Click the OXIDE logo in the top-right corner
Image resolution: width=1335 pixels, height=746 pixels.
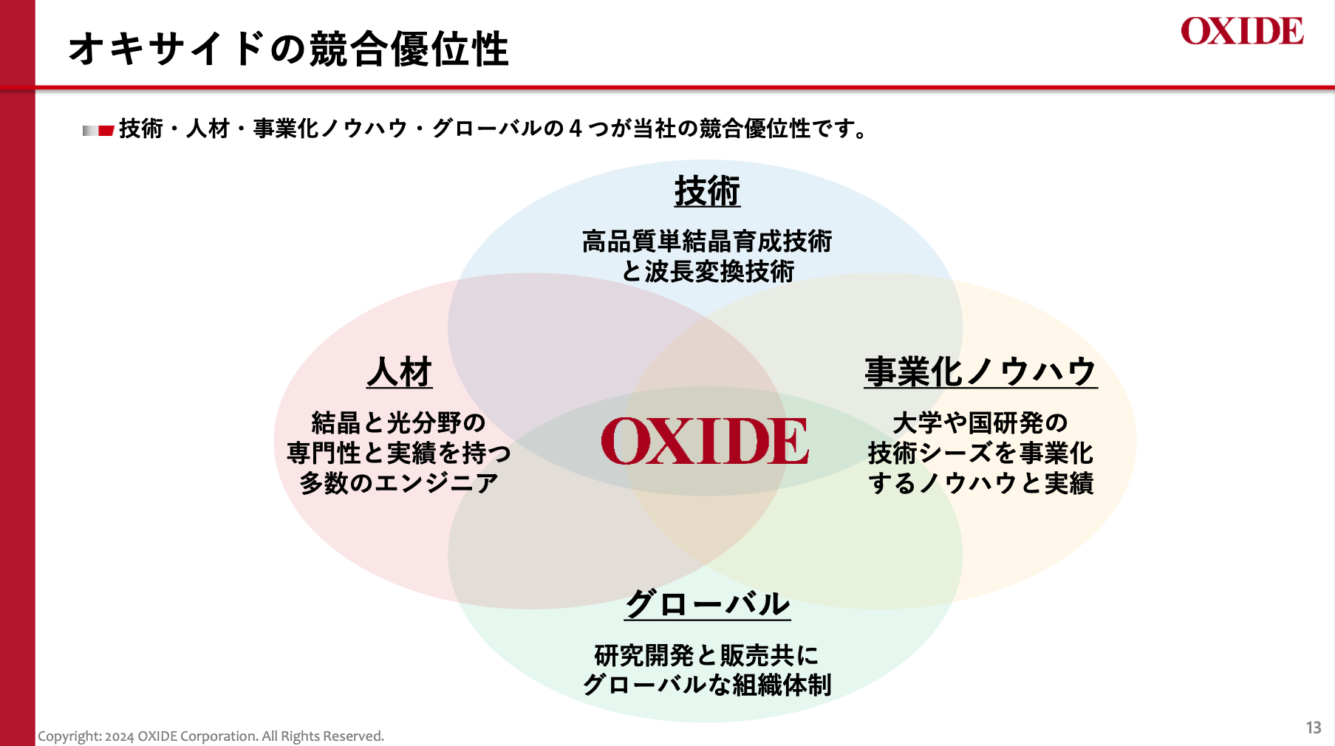click(x=1242, y=31)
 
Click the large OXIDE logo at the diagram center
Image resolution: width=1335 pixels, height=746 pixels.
click(x=705, y=442)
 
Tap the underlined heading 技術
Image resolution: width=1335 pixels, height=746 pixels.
click(x=707, y=191)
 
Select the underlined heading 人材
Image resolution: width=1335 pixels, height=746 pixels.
click(x=400, y=372)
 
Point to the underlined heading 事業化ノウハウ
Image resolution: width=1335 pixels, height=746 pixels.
click(x=981, y=372)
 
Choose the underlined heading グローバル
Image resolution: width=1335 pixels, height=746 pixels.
click(x=708, y=604)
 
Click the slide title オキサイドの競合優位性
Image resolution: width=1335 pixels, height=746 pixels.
click(x=289, y=49)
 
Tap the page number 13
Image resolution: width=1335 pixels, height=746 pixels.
click(x=1314, y=728)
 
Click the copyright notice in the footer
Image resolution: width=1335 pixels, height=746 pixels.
click(x=211, y=736)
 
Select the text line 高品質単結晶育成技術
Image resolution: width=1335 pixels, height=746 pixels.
click(x=707, y=242)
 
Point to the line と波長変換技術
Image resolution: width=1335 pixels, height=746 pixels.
click(x=707, y=272)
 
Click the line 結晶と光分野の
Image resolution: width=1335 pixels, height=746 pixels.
click(x=399, y=423)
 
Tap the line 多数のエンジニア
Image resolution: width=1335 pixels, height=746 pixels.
click(x=399, y=483)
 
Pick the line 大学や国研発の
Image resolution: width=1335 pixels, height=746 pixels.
click(x=980, y=423)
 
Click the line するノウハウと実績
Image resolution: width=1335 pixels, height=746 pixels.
click(x=980, y=483)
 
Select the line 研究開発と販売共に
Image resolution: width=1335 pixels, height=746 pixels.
click(x=707, y=655)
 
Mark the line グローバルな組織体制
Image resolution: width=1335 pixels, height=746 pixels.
click(x=707, y=685)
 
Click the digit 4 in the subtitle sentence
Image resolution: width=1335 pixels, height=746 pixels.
click(x=576, y=129)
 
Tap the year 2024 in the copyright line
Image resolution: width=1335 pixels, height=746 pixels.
click(x=120, y=736)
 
